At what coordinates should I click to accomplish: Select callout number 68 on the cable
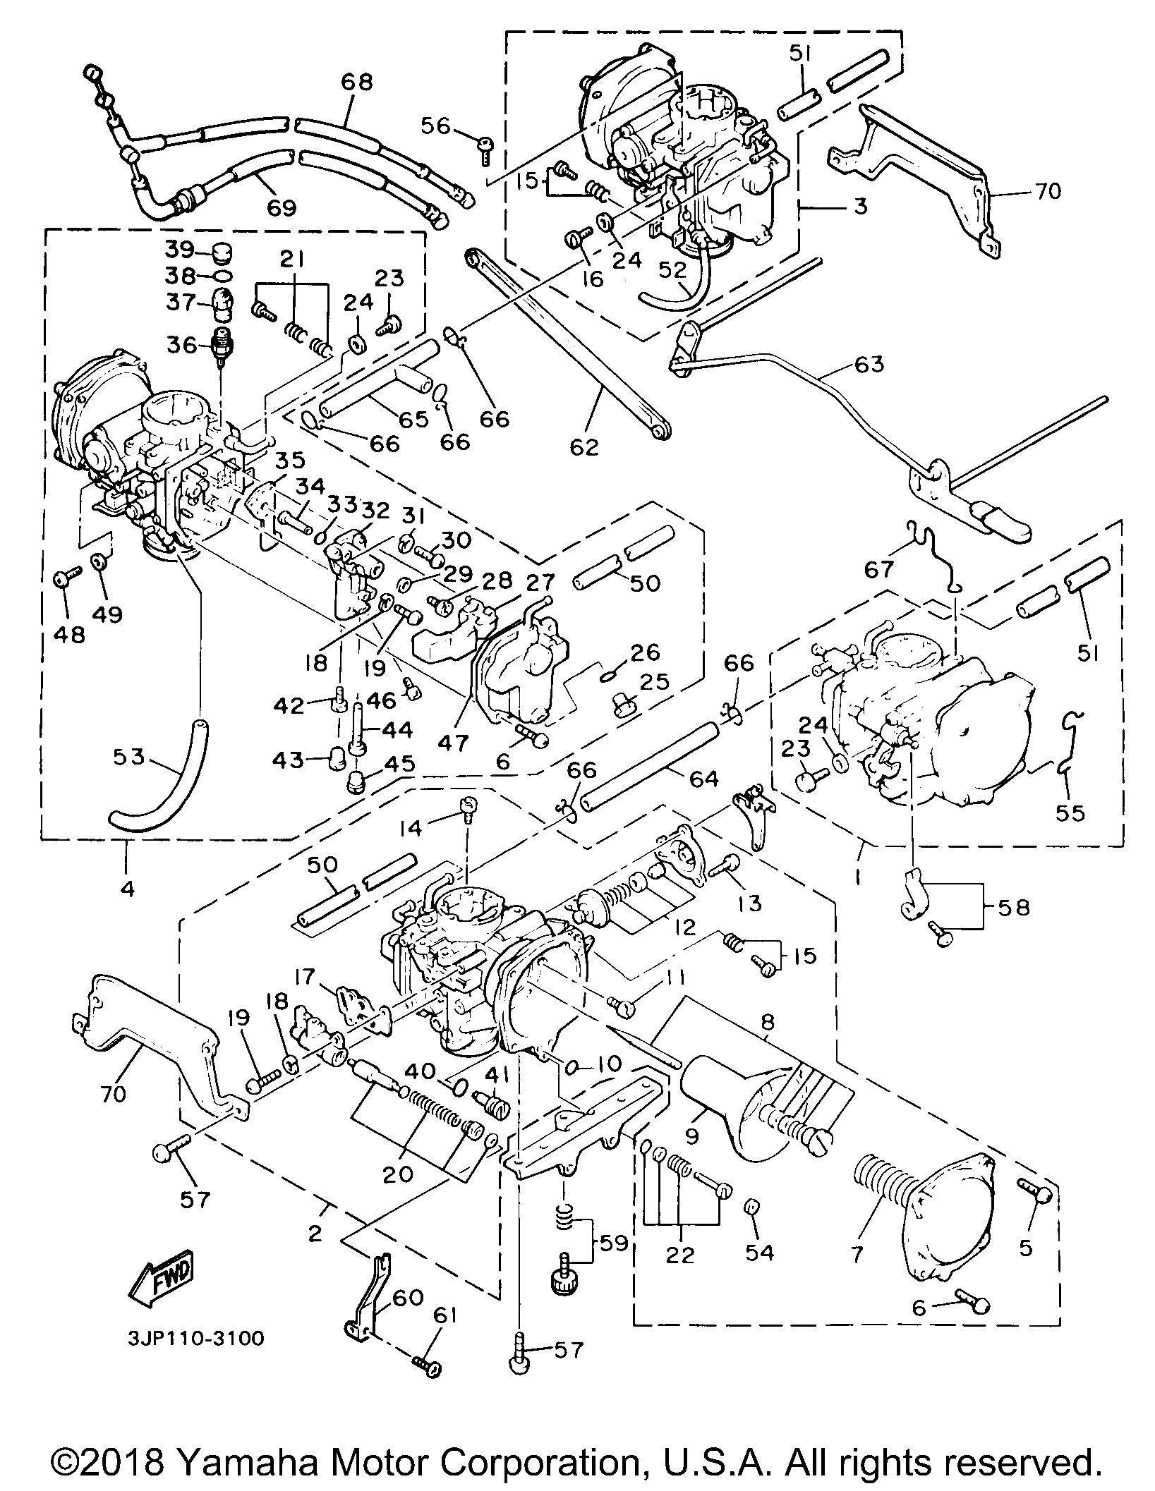356,82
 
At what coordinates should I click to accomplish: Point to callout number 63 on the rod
869,365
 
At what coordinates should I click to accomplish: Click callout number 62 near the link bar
585,446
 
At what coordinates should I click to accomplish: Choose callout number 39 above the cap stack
181,250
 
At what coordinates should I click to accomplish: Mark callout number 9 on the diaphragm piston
691,1136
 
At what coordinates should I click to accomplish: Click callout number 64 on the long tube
703,779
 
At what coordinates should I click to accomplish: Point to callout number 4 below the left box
127,887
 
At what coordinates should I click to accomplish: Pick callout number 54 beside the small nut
761,1253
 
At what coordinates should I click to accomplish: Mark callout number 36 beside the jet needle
181,346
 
